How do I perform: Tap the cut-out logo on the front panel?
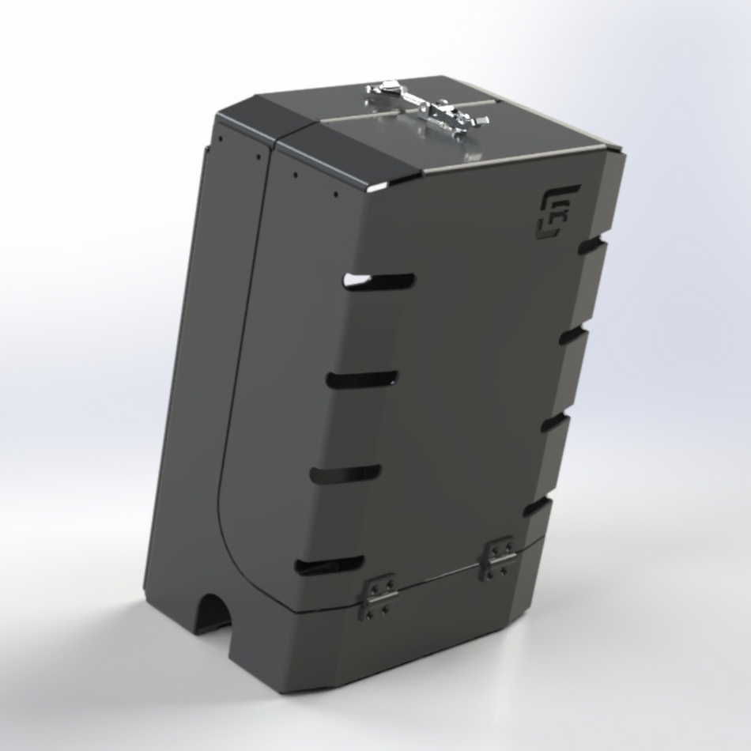(559, 212)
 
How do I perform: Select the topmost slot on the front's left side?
(380, 281)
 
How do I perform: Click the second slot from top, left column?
(363, 379)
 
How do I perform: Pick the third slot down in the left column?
(345, 474)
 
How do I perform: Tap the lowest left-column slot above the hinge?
(330, 564)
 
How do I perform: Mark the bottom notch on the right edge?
(538, 506)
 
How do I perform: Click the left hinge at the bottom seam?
(378, 598)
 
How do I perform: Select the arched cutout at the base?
(212, 616)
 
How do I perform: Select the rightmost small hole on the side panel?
(335, 193)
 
